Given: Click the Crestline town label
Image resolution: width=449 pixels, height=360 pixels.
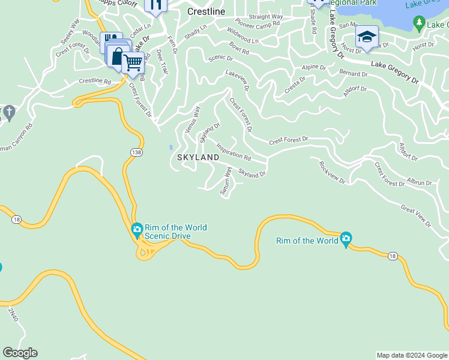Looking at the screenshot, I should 206,11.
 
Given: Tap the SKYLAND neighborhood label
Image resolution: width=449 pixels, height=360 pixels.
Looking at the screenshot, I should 198,157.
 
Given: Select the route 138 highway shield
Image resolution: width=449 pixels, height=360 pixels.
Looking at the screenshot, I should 136,154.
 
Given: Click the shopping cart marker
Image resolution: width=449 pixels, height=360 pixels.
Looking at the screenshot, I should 133,62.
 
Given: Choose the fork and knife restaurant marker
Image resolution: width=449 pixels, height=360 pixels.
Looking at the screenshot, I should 155,6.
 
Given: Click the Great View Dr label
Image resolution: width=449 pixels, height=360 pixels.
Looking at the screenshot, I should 416,217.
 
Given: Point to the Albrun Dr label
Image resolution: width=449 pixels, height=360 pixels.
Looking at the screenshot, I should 420,182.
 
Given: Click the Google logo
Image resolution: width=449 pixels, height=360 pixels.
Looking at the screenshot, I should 20,353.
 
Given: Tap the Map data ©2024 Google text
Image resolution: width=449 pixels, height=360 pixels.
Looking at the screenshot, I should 412,355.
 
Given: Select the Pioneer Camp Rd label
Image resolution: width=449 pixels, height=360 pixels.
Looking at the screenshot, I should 258,23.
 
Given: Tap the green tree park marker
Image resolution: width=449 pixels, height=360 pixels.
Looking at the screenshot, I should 420,23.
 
